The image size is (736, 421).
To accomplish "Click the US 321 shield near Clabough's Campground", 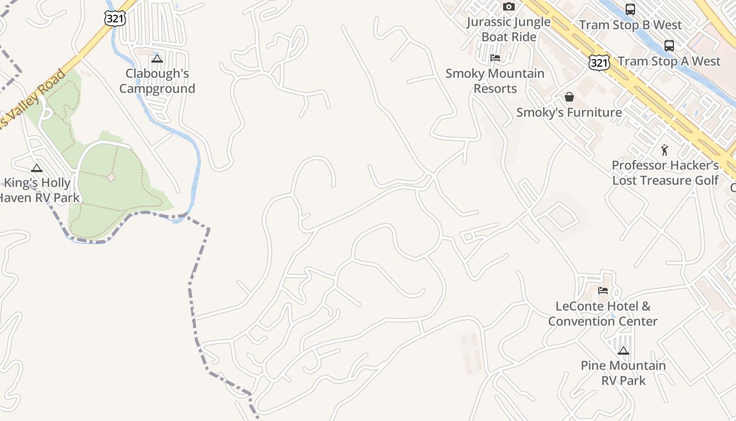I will click(115, 18).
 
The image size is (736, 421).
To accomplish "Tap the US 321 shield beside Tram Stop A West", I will click(599, 63).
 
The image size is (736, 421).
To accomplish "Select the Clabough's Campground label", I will click(157, 81).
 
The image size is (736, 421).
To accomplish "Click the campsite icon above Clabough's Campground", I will click(157, 58).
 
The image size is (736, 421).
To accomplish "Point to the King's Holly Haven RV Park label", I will click(38, 191).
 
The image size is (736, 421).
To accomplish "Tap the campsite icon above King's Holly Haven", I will click(36, 168).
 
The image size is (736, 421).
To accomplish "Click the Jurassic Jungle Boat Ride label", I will click(509, 29).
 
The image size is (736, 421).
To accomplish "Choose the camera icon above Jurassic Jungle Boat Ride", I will click(508, 7).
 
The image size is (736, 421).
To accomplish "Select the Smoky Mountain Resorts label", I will click(495, 81).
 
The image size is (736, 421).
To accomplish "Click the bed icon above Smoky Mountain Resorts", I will click(495, 58).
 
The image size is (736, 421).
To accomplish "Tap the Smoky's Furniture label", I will click(569, 112).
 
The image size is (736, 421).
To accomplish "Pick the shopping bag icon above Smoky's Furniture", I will click(569, 97).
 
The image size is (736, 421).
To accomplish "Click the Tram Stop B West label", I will click(630, 25).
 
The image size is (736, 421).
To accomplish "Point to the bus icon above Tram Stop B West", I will click(630, 9).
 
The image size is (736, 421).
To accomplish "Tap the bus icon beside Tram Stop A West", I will click(669, 46).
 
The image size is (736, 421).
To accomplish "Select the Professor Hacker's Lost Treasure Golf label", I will click(665, 173).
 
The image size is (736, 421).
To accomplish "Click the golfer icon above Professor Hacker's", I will click(665, 150).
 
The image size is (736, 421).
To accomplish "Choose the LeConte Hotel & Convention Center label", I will click(602, 314).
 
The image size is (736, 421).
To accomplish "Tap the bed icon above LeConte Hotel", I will click(602, 290).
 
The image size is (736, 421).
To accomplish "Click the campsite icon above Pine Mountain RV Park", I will click(623, 350).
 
